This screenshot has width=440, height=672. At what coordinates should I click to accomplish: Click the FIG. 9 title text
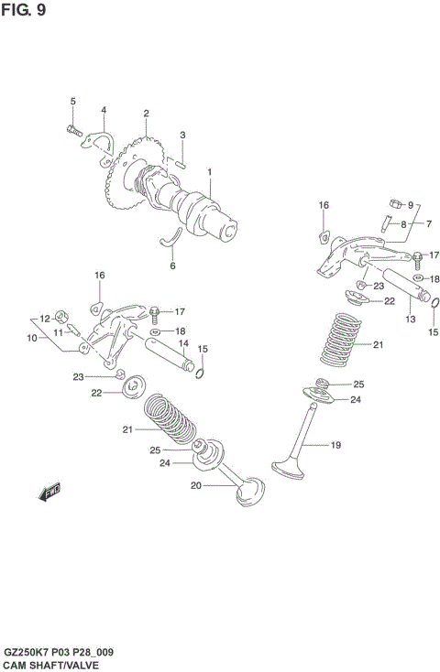25,11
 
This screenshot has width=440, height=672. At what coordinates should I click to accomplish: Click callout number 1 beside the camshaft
209,172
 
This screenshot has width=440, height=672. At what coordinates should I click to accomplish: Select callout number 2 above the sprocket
146,114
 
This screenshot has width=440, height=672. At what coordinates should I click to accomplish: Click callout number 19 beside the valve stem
335,446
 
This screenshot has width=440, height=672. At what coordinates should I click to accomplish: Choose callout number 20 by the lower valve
194,485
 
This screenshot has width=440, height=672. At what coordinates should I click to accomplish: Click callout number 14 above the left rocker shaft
183,344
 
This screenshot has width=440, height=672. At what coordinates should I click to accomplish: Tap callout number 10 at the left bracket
31,338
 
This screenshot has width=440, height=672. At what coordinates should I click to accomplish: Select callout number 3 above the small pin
182,135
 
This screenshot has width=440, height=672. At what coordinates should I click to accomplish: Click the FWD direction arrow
49,493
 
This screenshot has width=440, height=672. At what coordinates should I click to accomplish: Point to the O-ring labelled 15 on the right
434,306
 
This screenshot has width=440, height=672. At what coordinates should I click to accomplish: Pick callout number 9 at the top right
411,204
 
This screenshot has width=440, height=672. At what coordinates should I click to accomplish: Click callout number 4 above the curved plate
104,111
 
